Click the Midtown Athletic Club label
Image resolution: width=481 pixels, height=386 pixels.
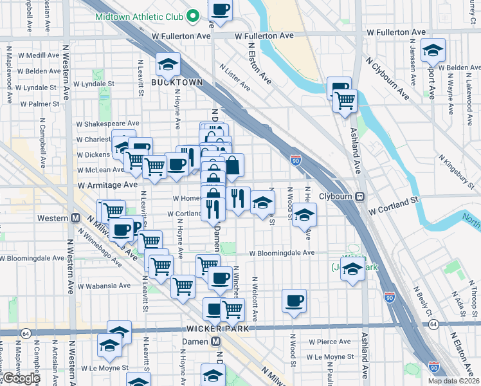coord(141,16)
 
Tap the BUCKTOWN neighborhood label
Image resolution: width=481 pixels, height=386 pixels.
coord(177,82)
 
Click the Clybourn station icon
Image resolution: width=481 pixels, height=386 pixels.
coord(360,196)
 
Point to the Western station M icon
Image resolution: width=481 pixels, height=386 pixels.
coord(76,218)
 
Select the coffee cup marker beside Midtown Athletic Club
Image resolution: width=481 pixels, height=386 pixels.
coord(220,10)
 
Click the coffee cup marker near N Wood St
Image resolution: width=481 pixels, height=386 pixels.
coord(295,300)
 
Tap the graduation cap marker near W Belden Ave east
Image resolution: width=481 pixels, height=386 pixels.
coord(433,50)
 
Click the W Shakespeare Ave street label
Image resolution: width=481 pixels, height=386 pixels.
coord(107,124)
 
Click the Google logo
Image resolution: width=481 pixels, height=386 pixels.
coord(21,378)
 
